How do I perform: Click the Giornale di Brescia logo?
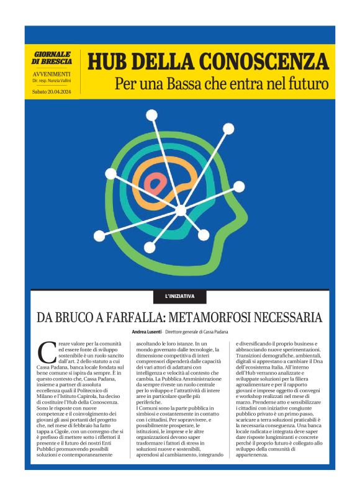(x=52, y=58)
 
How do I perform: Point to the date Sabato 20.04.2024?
(x=52, y=91)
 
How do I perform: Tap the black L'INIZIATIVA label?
(x=180, y=296)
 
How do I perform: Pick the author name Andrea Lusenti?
(x=146, y=333)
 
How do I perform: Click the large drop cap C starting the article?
(x=47, y=352)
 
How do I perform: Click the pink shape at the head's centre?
(x=156, y=182)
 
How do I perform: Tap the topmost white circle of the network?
(x=151, y=115)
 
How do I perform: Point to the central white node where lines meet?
(x=181, y=210)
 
